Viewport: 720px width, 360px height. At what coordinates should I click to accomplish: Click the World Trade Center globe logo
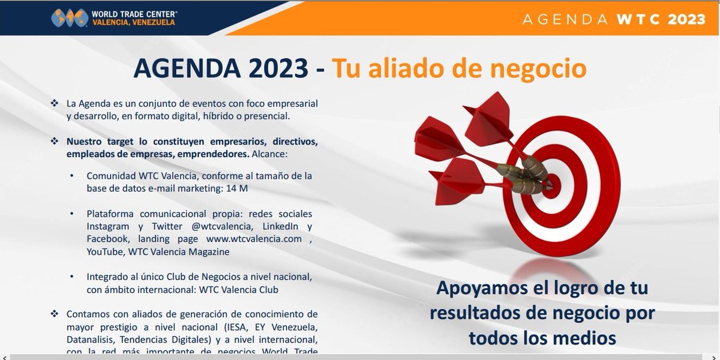(70, 17)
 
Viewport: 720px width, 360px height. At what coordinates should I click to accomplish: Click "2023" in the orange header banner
(685, 19)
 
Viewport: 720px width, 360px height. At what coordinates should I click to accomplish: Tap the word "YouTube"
(105, 252)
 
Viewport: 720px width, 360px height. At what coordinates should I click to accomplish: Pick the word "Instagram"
(108, 227)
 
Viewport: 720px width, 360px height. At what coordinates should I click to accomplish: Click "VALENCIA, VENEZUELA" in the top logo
(133, 23)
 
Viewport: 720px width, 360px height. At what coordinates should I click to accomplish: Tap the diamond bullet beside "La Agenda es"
(55, 103)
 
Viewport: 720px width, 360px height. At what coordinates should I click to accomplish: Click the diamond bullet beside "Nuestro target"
(55, 142)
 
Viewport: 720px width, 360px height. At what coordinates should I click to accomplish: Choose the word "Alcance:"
(269, 154)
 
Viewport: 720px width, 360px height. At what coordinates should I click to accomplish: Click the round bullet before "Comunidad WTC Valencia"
(72, 176)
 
